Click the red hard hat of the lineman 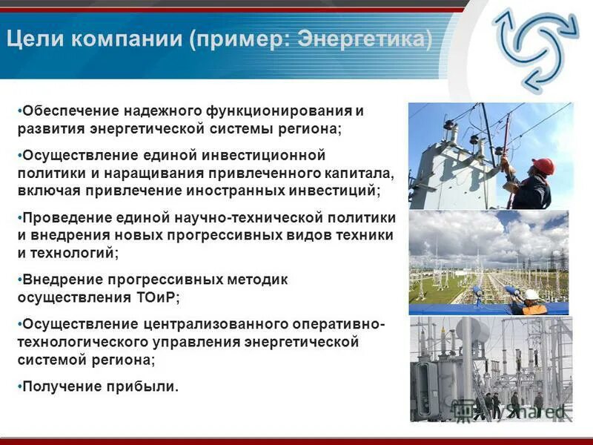click(543, 166)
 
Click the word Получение click(62, 386)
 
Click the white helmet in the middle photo click(531, 294)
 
